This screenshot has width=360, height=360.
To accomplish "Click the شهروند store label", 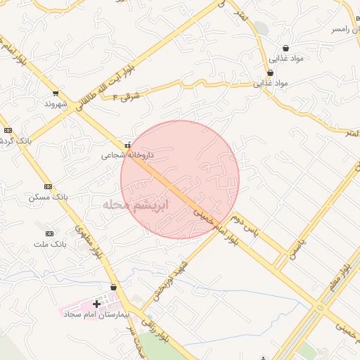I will [54, 103].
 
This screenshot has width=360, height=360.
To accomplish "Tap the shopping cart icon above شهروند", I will [55, 94].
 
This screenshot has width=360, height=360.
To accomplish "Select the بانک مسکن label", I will [48, 197].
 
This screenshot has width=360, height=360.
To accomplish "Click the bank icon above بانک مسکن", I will [48, 186].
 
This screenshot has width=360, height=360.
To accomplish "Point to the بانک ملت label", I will [49, 243].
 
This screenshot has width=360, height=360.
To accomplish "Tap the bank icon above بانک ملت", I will [49, 233].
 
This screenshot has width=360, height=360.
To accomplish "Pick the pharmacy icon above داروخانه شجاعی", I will [127, 145].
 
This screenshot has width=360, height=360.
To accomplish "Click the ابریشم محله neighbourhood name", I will [136, 205].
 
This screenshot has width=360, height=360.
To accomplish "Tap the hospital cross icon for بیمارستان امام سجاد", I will [96, 304].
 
